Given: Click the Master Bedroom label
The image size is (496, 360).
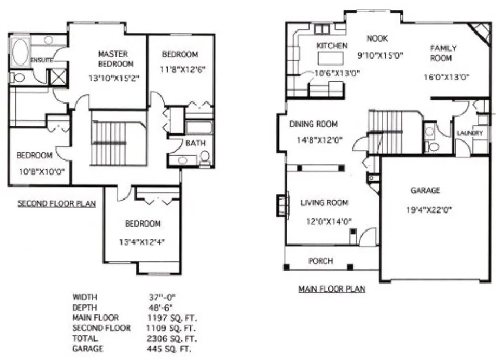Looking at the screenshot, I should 113,59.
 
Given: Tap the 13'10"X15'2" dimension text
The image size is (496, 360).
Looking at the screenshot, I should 114,78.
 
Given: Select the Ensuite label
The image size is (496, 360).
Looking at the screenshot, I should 41,60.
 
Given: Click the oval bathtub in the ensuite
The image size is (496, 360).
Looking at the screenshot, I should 21,53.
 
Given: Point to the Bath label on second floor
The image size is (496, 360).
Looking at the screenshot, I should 195,144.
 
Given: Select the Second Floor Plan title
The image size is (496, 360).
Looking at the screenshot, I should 57,204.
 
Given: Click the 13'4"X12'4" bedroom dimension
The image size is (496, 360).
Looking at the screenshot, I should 143,242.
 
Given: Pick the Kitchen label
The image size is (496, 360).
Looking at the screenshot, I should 332,46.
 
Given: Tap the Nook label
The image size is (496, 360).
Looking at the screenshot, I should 377,38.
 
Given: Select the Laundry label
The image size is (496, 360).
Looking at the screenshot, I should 469,133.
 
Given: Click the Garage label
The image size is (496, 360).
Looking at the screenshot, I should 425,190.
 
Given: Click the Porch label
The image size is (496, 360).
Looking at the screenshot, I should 320,261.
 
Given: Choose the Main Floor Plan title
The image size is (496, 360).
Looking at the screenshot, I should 332,289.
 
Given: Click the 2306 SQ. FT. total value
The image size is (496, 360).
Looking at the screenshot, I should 170,338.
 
